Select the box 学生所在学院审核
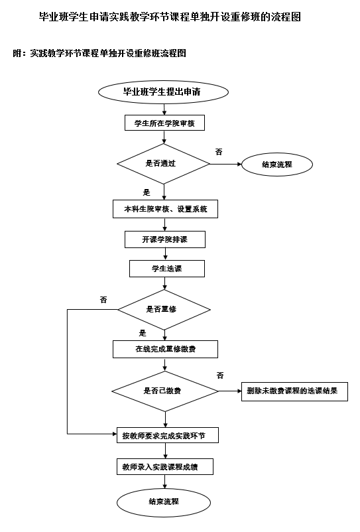coord(164,123)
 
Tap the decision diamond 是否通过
coord(163,163)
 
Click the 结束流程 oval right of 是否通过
coord(276,164)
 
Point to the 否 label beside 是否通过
coord(219,152)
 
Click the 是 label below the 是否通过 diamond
coord(147,192)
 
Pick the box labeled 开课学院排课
coord(164,239)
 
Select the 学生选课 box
coord(166,268)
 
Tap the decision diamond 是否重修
coord(164,309)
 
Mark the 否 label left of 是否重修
coord(103,300)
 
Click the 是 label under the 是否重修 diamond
coord(143,334)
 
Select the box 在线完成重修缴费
coord(166,348)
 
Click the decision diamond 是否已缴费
coord(164,391)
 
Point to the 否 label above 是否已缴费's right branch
coord(220,375)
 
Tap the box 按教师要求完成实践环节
coord(168,436)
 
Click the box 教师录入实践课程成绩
coord(164,467)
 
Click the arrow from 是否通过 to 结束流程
coord(225,164)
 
